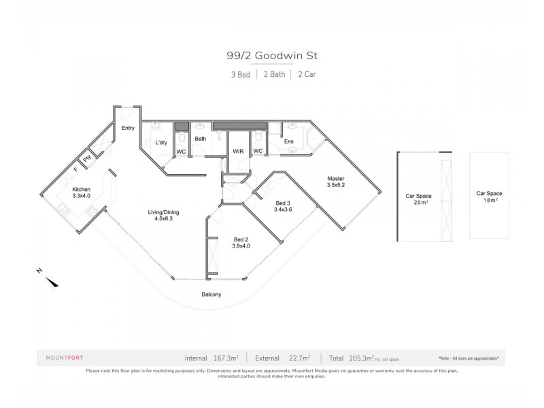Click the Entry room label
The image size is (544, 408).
[x=128, y=128]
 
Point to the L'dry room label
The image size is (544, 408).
[x=161, y=143]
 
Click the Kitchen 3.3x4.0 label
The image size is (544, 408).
[x=82, y=193]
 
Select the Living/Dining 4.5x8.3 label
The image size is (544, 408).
[x=163, y=216]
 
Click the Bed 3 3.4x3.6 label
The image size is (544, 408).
[x=284, y=207]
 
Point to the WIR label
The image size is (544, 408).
[x=238, y=151]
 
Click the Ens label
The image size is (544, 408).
[x=288, y=141]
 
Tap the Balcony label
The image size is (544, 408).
[x=211, y=294]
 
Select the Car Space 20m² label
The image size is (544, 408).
[x=419, y=199]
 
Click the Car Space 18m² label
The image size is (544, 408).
[x=490, y=197]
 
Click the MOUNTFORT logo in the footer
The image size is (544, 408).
[x=65, y=357]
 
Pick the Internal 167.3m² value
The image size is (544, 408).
[x=212, y=357]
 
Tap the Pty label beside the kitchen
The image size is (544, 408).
[x=87, y=159]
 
